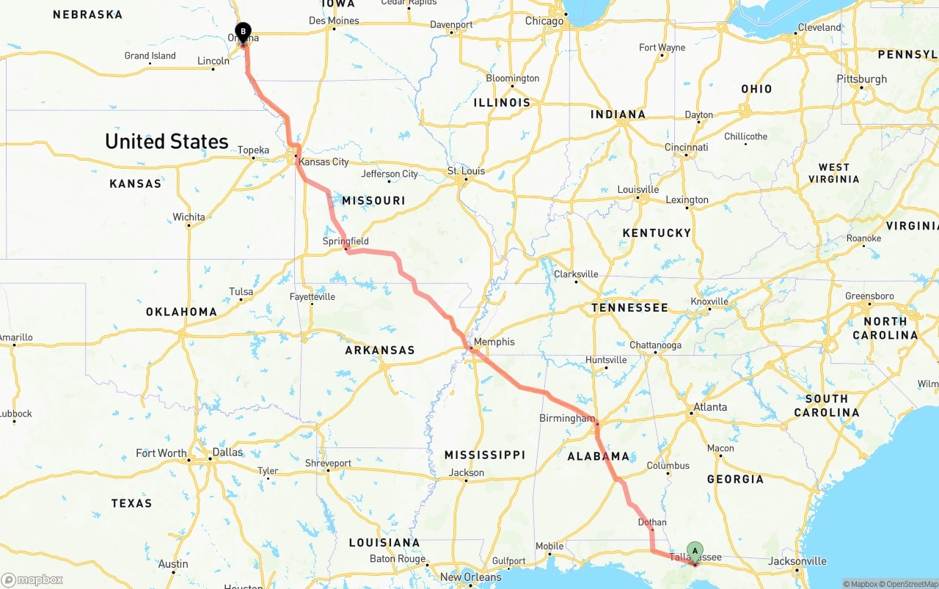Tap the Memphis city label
(x=494, y=342)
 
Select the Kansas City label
(x=324, y=161)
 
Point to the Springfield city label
(x=346, y=241)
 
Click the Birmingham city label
(x=566, y=418)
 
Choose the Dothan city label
(x=652, y=523)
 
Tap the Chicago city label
(x=544, y=21)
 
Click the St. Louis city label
(x=466, y=172)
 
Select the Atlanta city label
(x=710, y=407)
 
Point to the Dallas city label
(x=227, y=452)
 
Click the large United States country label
(x=167, y=142)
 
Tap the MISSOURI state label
(x=373, y=200)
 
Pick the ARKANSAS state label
(x=380, y=351)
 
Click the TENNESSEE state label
(x=629, y=308)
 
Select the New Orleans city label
(x=470, y=577)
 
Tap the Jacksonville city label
(x=797, y=562)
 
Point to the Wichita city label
(x=189, y=217)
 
